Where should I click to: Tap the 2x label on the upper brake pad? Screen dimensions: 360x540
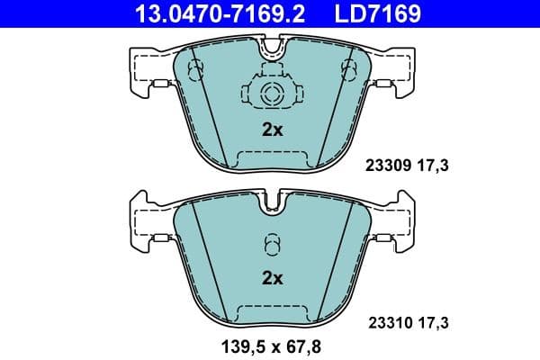tap(272, 130)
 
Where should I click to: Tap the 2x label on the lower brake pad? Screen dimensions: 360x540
tap(272, 278)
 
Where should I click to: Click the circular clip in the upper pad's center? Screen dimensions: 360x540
tap(271, 93)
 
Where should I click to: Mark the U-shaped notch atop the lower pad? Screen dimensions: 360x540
tap(271, 203)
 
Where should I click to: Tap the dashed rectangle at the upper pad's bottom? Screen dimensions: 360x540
tap(271, 161)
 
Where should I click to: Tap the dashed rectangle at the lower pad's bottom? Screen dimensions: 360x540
tap(271, 314)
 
